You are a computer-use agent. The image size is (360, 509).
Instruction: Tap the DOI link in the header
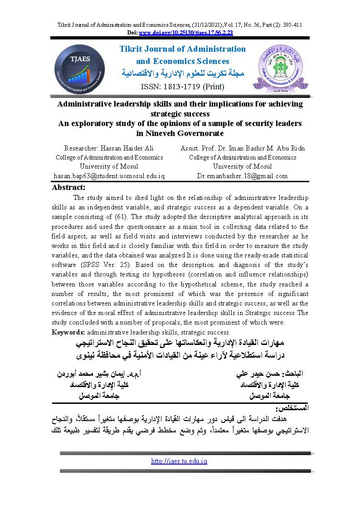[186, 33]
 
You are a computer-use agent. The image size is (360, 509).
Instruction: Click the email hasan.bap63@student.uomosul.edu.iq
[109, 175]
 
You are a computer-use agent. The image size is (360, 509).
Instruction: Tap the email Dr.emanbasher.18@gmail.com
[242, 175]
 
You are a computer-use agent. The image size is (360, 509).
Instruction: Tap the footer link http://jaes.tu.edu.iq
[179, 461]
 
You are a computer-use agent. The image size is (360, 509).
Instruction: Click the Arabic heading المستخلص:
[295, 408]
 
